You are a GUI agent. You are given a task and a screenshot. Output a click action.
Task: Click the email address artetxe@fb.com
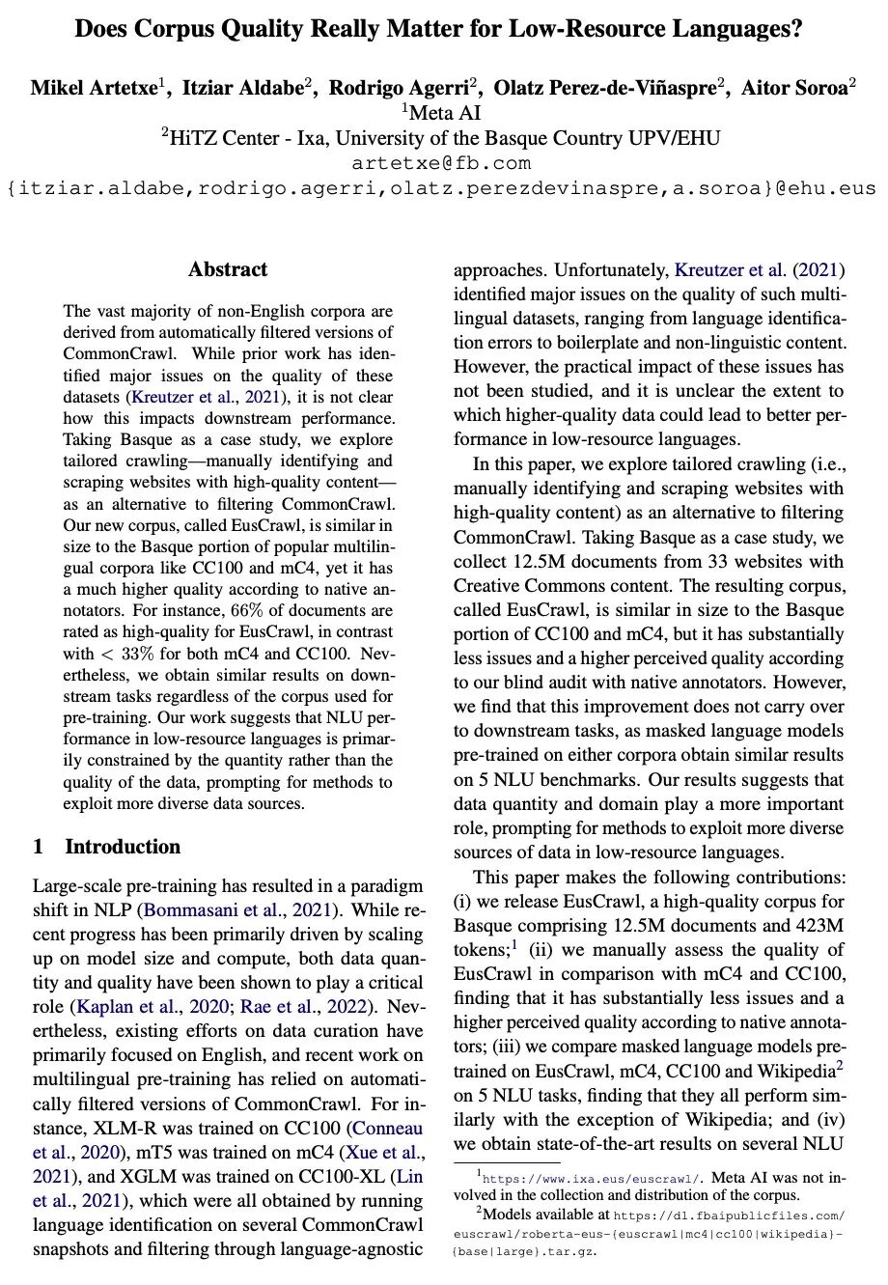(x=442, y=163)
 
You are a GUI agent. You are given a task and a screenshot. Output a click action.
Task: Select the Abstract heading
(x=228, y=269)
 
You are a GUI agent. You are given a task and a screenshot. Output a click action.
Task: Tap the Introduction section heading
(x=123, y=847)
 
